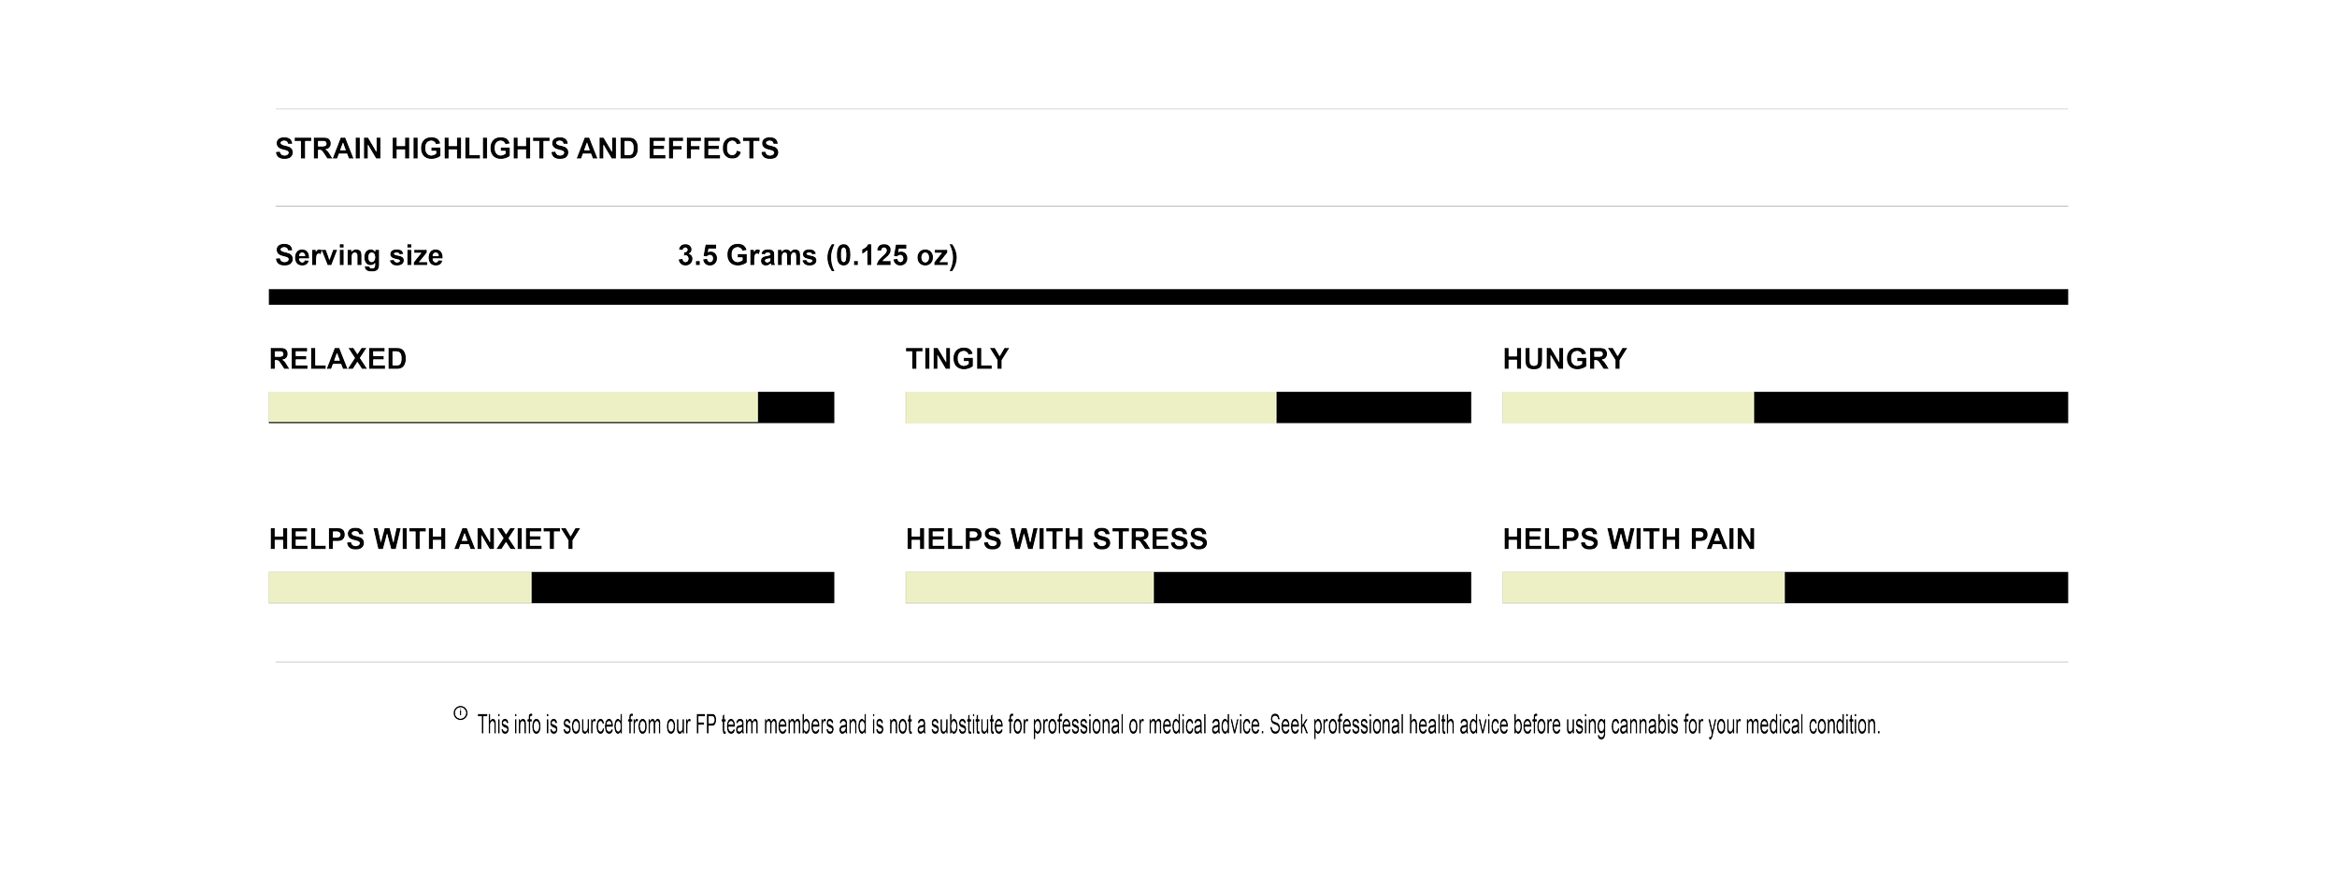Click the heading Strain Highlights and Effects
click(x=526, y=149)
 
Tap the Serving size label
click(x=359, y=255)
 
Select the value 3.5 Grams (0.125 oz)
click(x=818, y=255)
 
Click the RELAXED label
click(x=338, y=359)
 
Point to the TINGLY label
click(x=957, y=359)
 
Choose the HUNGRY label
click(x=1565, y=359)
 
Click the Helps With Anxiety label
click(x=424, y=539)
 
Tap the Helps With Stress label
click(x=1056, y=539)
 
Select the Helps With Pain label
click(x=1629, y=539)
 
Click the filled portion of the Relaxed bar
click(x=512, y=409)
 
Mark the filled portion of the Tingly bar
click(x=1090, y=409)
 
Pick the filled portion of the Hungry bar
click(x=1627, y=409)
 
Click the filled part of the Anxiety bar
click(x=400, y=588)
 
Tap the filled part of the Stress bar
click(x=1028, y=588)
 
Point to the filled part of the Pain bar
click(x=1642, y=588)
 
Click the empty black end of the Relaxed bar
click(x=796, y=409)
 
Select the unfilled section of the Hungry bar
click(x=1911, y=409)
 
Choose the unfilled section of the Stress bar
click(x=1312, y=588)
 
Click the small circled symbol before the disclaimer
click(x=460, y=713)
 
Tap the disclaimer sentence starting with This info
click(x=1178, y=726)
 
